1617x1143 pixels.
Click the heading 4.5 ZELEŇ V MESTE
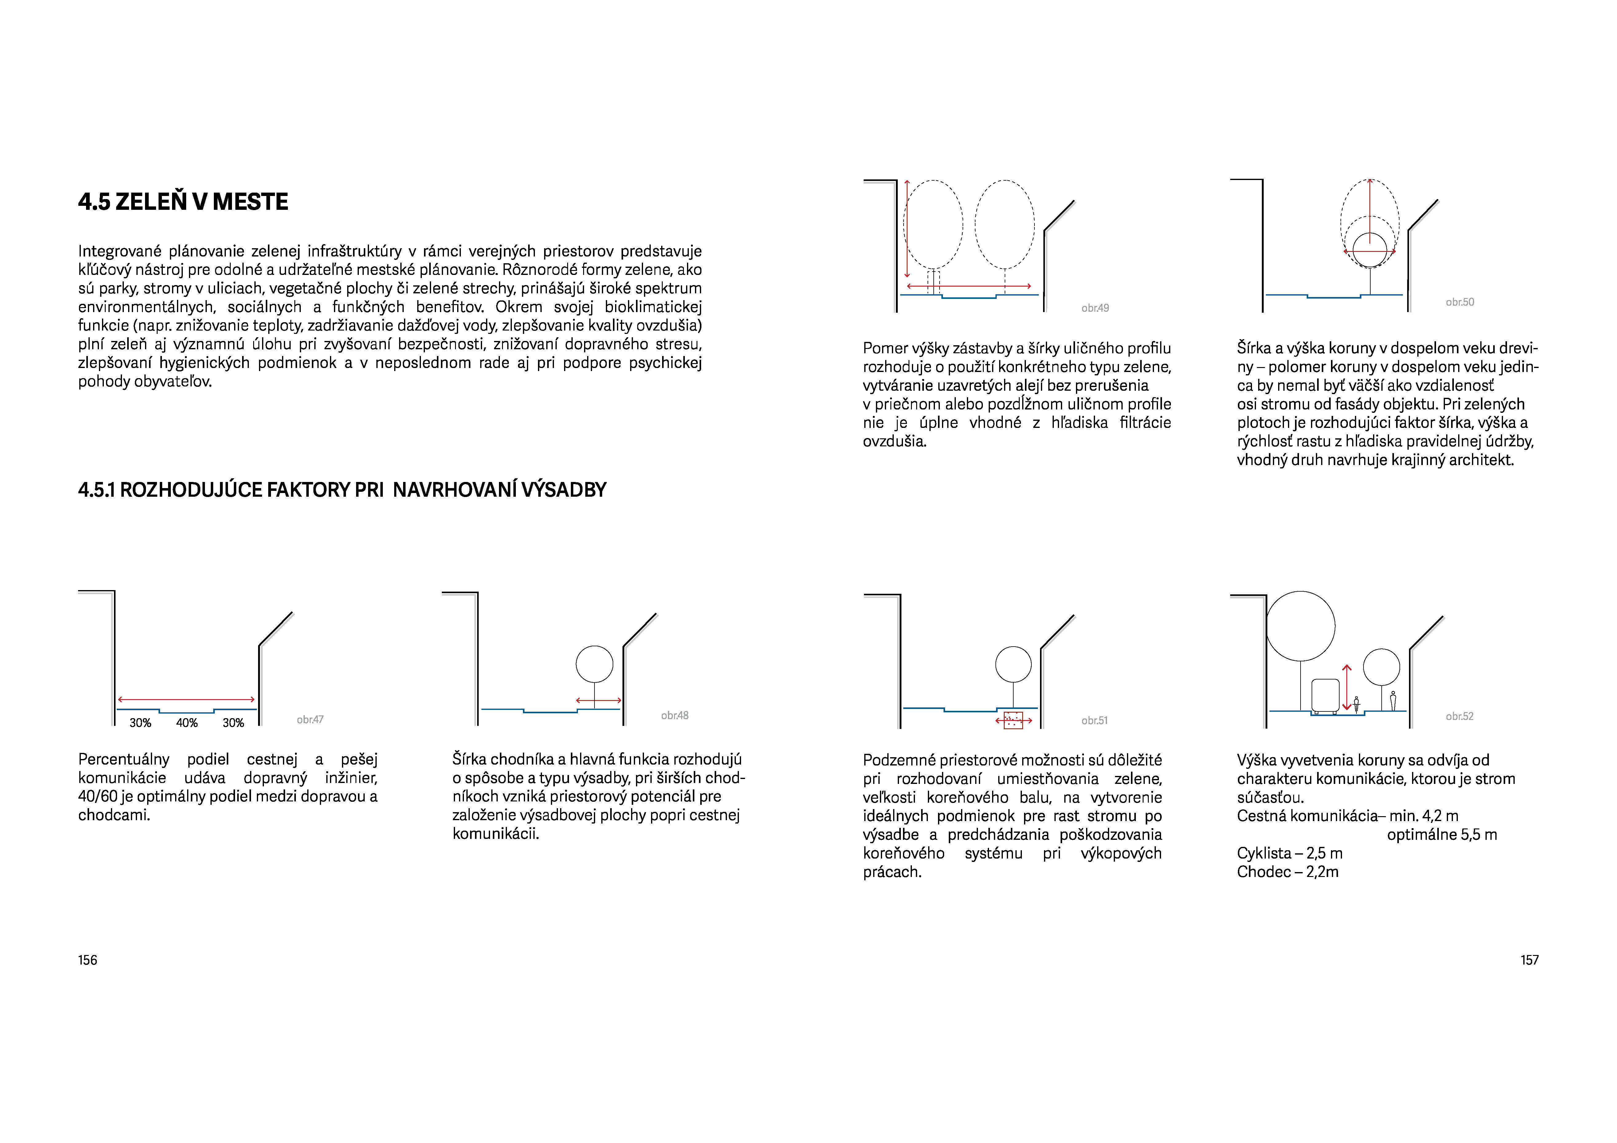pyautogui.click(x=183, y=202)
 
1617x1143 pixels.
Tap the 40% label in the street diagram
pyautogui.click(x=186, y=722)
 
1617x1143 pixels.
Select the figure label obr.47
pyautogui.click(x=310, y=719)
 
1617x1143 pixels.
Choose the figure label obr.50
pyautogui.click(x=1459, y=302)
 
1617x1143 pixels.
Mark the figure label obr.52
pyautogui.click(x=1459, y=716)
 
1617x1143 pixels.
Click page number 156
pyautogui.click(x=87, y=960)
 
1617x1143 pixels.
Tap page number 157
pyautogui.click(x=1529, y=960)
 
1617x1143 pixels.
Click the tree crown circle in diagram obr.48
pyautogui.click(x=595, y=664)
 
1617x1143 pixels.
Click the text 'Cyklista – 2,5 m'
pyautogui.click(x=1289, y=853)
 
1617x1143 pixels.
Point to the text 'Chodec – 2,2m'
pyautogui.click(x=1287, y=872)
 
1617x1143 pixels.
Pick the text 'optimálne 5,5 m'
pyautogui.click(x=1442, y=835)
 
